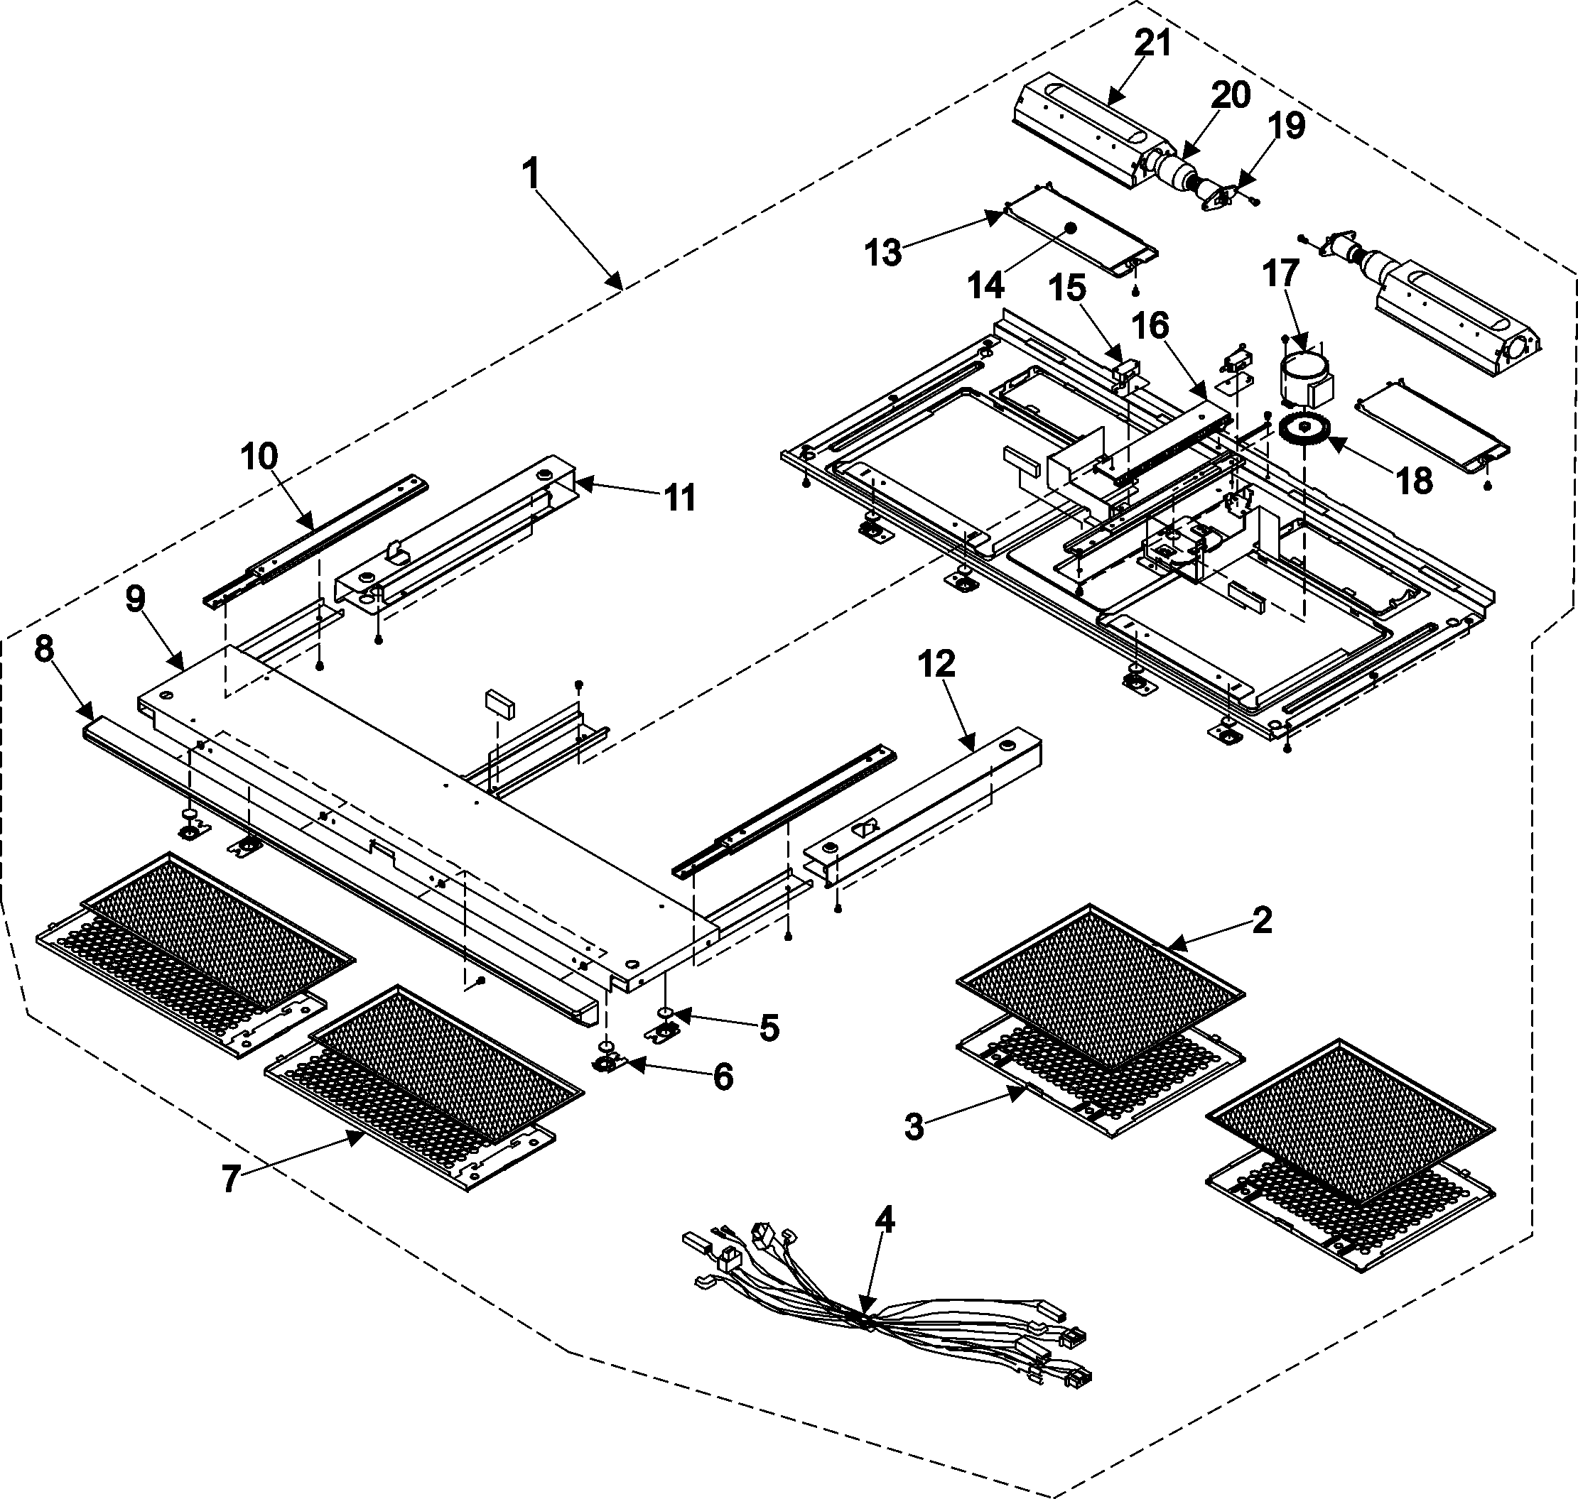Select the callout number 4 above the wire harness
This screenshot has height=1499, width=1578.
tap(884, 1219)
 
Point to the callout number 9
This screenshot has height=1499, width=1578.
tap(136, 599)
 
